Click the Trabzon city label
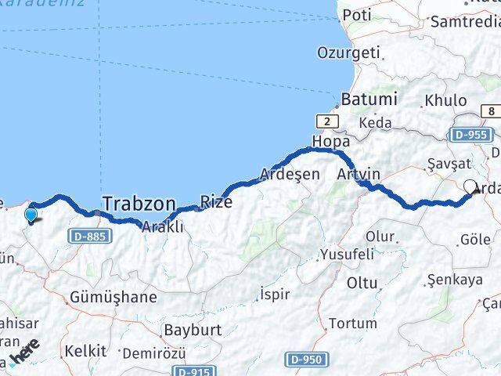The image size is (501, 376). coord(138,204)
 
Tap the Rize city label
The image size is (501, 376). coord(216,202)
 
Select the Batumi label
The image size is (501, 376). coord(369,100)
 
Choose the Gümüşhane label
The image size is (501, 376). coord(113,298)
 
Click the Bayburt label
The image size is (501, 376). coord(193,330)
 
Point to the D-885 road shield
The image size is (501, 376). coord(87,235)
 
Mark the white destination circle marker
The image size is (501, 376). coord(470,186)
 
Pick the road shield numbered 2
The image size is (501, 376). coord(326,121)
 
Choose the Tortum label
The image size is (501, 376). coord(352,323)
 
